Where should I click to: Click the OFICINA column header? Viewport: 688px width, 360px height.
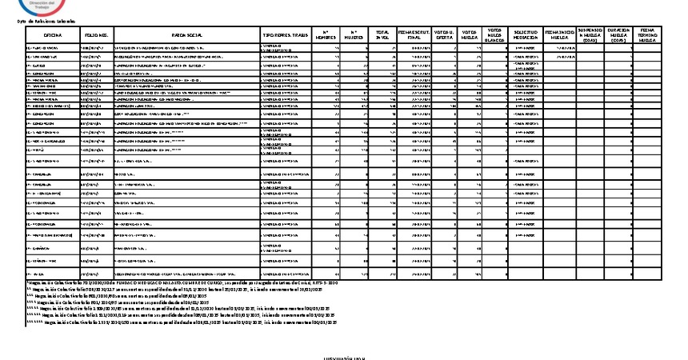pyautogui.click(x=53, y=36)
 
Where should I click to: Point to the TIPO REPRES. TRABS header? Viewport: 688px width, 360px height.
pyautogui.click(x=284, y=36)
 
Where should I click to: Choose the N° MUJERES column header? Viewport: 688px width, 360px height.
pyautogui.click(x=354, y=36)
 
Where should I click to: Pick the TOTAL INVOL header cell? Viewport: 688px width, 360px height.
pyautogui.click(x=382, y=36)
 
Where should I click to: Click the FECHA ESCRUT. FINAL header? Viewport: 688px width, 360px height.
pyautogui.click(x=414, y=36)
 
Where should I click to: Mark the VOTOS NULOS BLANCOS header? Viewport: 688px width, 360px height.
pyautogui.click(x=495, y=36)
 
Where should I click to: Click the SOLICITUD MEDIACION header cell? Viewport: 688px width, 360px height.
pyautogui.click(x=526, y=36)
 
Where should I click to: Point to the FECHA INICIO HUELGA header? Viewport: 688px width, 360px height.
pyautogui.click(x=560, y=36)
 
